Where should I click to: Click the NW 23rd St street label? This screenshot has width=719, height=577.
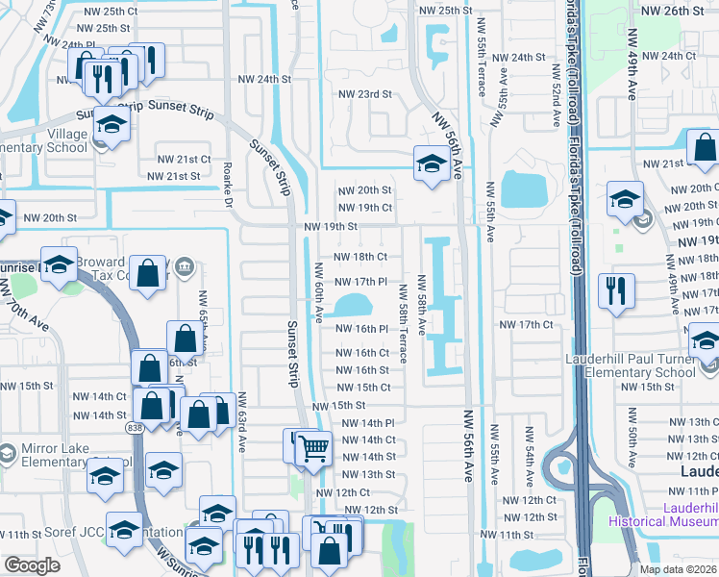click(x=365, y=94)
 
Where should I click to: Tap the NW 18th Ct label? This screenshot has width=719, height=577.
click(x=359, y=257)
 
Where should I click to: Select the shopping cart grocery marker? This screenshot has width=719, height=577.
click(x=313, y=447)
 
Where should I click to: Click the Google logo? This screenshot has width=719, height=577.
click(x=32, y=566)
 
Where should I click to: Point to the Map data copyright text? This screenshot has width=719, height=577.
click(x=679, y=569)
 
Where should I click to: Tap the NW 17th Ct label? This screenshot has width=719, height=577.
click(x=526, y=325)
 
